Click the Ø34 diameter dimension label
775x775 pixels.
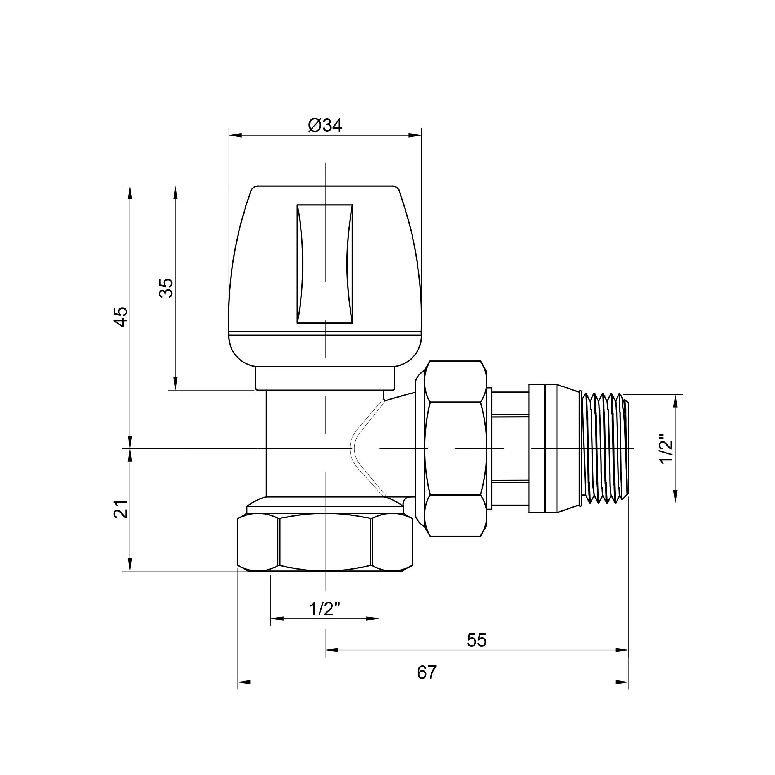click(x=325, y=126)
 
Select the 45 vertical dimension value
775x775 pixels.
click(x=122, y=317)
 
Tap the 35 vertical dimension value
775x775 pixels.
click(x=166, y=288)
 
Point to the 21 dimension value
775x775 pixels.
click(x=122, y=509)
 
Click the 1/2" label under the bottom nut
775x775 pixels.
click(x=324, y=610)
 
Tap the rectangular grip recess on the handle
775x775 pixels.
click(x=324, y=263)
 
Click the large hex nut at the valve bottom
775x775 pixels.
click(x=324, y=544)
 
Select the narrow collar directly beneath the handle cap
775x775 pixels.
click(x=324, y=378)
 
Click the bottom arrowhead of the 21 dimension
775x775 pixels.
click(x=130, y=565)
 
